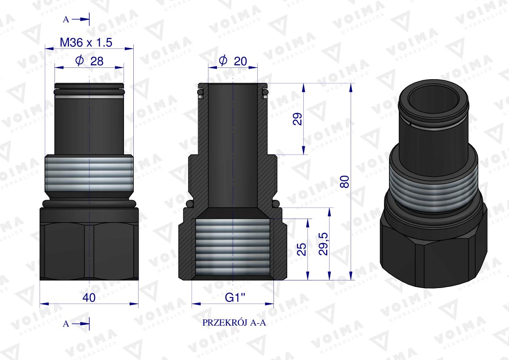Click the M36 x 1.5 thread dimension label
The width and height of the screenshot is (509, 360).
pyautogui.click(x=85, y=42)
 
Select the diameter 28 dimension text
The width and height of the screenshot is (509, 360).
pyautogui.click(x=89, y=61)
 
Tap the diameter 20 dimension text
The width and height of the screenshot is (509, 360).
pyautogui.click(x=233, y=61)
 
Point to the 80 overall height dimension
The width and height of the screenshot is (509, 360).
pyautogui.click(x=344, y=182)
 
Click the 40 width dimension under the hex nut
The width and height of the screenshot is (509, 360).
pyautogui.click(x=89, y=298)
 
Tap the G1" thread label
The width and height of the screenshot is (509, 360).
pyautogui.click(x=233, y=298)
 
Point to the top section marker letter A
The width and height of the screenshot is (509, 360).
pyautogui.click(x=66, y=19)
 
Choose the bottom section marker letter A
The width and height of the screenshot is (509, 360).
pyautogui.click(x=66, y=324)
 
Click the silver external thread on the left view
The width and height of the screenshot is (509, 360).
pyautogui.click(x=88, y=176)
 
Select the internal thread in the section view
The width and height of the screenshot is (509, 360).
pyautogui.click(x=233, y=246)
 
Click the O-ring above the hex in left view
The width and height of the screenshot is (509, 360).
pyautogui.click(x=89, y=203)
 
